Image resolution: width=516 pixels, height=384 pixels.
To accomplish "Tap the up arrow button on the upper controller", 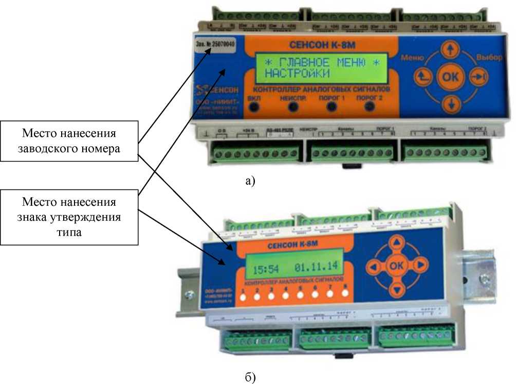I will click(450, 50).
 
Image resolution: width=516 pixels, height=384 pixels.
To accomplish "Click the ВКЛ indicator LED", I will click(254, 106).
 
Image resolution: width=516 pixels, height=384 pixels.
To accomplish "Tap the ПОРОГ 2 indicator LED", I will click(370, 106).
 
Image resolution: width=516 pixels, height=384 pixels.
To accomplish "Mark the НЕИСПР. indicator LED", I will click(293, 107).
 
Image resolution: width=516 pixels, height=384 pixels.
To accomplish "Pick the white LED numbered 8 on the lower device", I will click(345, 293).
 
